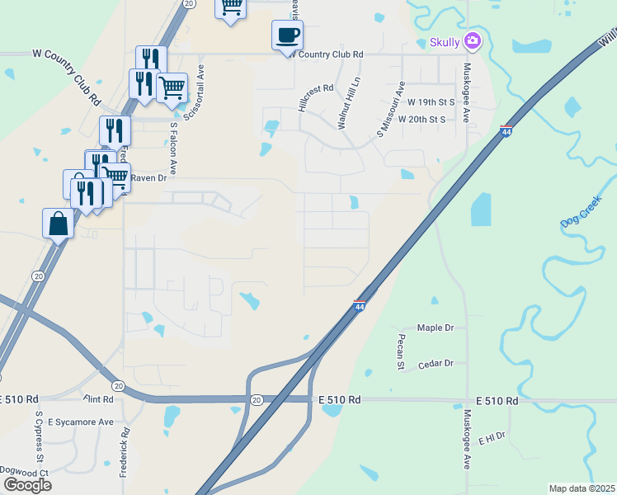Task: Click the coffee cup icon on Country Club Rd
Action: pos(287,35)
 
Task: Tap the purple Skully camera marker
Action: pos(473,40)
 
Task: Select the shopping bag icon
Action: pos(58,224)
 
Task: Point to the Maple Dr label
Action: pos(436,328)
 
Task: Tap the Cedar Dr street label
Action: pos(436,363)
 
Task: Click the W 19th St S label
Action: pos(431,102)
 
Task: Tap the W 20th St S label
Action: pos(421,119)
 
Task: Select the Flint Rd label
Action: pos(97,398)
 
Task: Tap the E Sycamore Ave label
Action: pos(80,422)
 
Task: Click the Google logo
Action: pos(27,484)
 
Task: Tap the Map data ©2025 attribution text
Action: pos(582,488)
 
